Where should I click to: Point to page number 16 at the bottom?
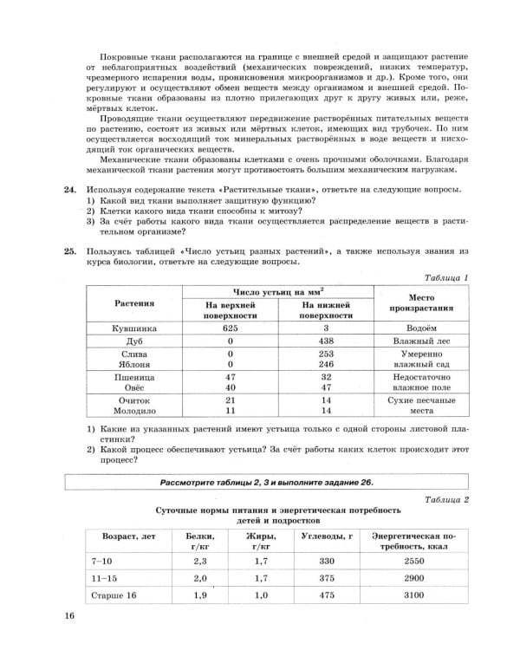point(69,616)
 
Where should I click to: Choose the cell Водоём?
point(423,330)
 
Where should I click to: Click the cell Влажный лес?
point(423,342)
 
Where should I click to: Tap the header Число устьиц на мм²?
point(277,291)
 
